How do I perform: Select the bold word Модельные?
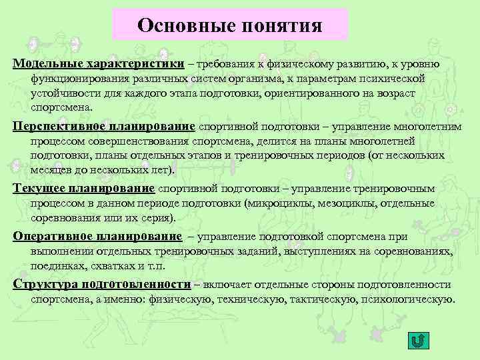[x=43, y=64]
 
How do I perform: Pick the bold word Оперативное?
[x=53, y=237]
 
